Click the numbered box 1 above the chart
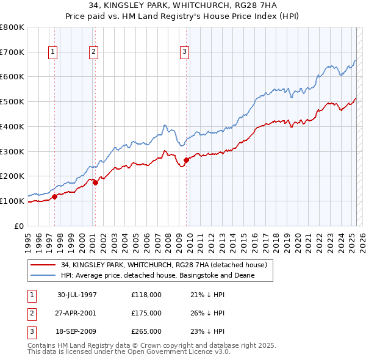(x=54, y=52)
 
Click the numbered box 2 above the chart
(x=94, y=52)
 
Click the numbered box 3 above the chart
(x=184, y=52)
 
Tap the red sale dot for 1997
(x=54, y=196)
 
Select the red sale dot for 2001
(x=95, y=182)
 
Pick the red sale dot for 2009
(x=186, y=160)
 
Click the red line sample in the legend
(x=43, y=265)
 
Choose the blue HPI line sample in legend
(x=43, y=275)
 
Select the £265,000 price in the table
(x=146, y=331)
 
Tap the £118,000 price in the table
(x=146, y=295)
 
